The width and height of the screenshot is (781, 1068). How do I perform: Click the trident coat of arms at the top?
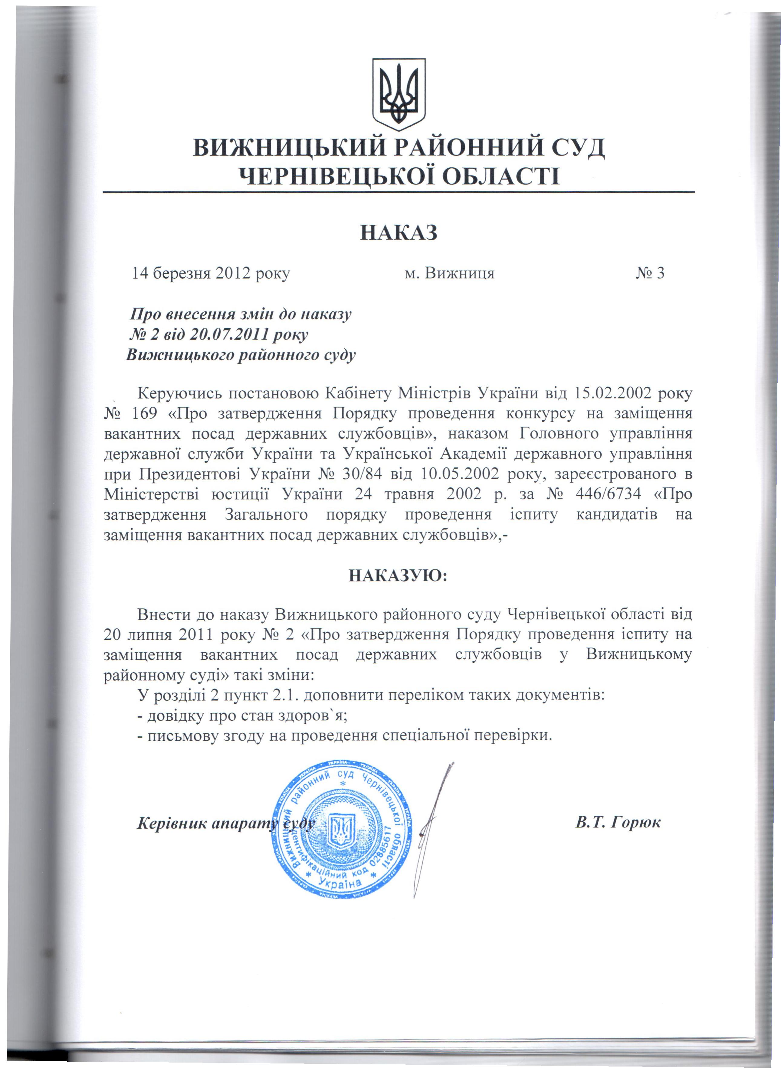[x=399, y=94]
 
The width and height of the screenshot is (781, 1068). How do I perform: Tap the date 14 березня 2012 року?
[x=211, y=274]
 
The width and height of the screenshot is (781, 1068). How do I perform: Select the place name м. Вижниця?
[x=450, y=273]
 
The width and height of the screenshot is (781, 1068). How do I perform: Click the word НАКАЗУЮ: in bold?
[x=398, y=575]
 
